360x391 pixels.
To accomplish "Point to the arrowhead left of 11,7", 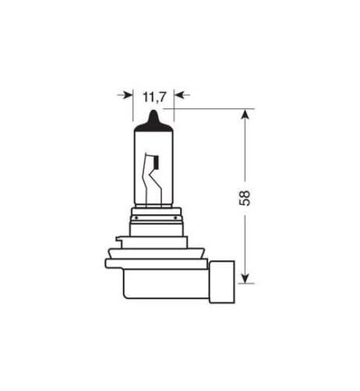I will pyautogui.click(x=128, y=96).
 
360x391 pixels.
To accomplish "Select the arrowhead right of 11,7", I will pyautogui.click(x=179, y=96).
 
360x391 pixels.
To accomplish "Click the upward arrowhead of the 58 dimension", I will pyautogui.click(x=245, y=114).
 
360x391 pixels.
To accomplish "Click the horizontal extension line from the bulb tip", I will pyautogui.click(x=206, y=109).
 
